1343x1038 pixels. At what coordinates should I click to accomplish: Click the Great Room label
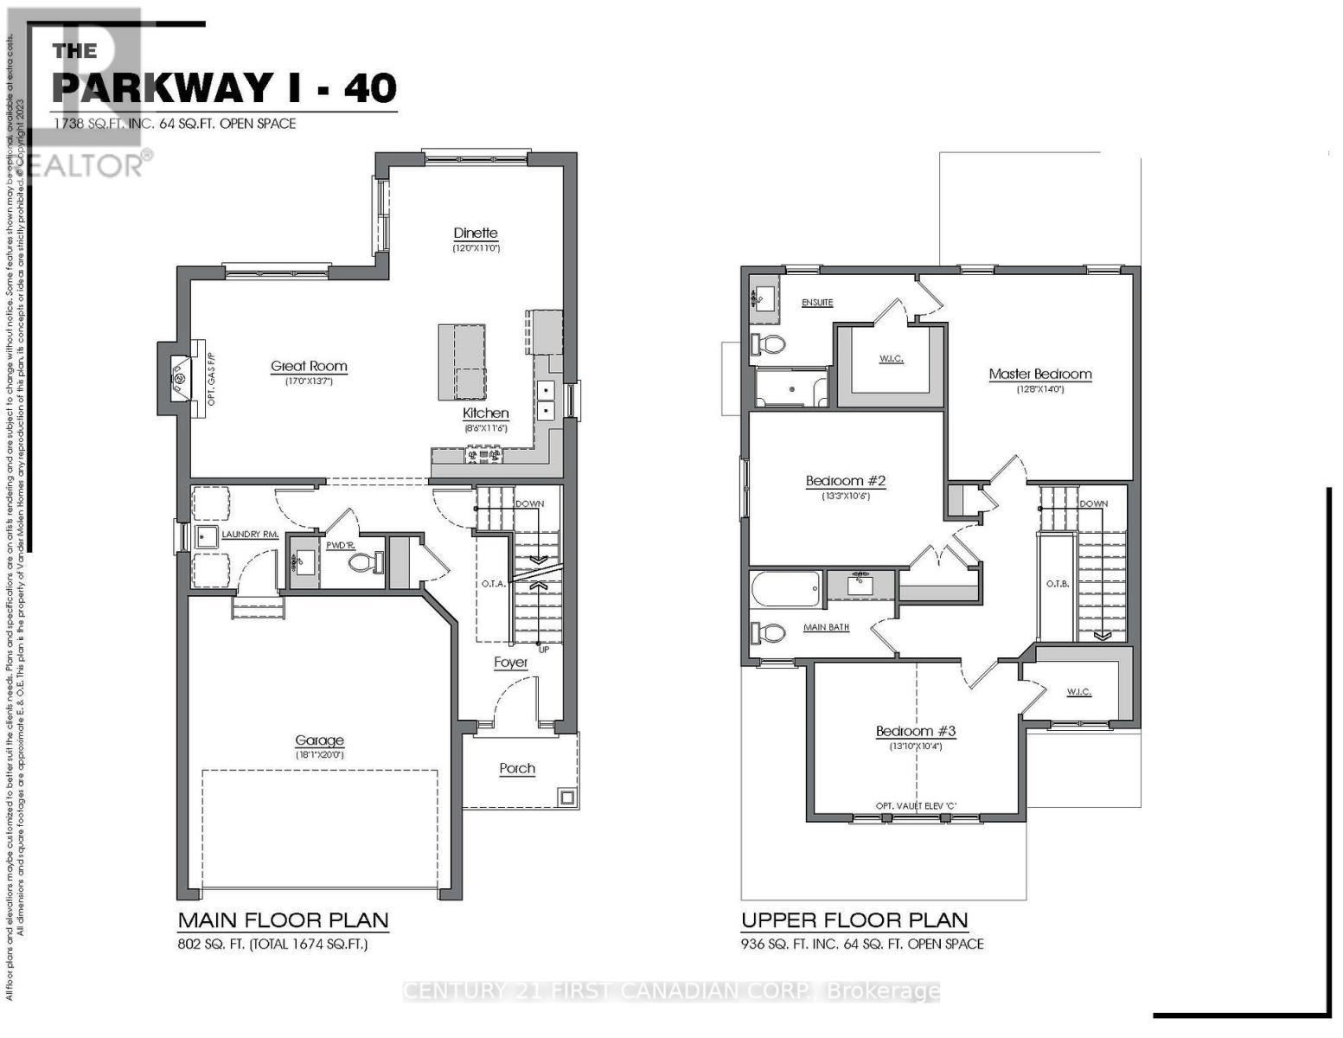[x=309, y=366]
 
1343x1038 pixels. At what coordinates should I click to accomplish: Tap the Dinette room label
[x=476, y=233]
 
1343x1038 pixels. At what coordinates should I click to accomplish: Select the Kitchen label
[x=485, y=413]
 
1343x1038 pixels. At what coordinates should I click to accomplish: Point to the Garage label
[x=319, y=740]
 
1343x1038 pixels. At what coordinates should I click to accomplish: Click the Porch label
[x=517, y=768]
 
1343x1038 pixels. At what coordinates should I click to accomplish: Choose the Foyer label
[x=511, y=663]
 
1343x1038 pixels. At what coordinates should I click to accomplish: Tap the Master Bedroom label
[x=1039, y=374]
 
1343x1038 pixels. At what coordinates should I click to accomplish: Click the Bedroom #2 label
[x=846, y=481]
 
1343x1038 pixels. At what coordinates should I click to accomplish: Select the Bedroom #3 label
[x=915, y=731]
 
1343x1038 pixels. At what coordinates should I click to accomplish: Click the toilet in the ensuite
[x=769, y=345]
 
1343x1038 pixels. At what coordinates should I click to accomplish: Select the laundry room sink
[x=207, y=536]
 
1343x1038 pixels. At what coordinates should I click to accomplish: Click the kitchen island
[x=461, y=362]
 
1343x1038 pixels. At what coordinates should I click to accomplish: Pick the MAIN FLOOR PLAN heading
[x=283, y=919]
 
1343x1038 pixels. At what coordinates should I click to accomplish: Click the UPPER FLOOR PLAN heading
[x=854, y=919]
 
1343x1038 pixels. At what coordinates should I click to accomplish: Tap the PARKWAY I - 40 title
[x=225, y=86]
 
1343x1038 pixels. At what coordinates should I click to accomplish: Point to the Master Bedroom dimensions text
[x=1039, y=389]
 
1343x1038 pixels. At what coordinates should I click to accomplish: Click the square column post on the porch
[x=567, y=797]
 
